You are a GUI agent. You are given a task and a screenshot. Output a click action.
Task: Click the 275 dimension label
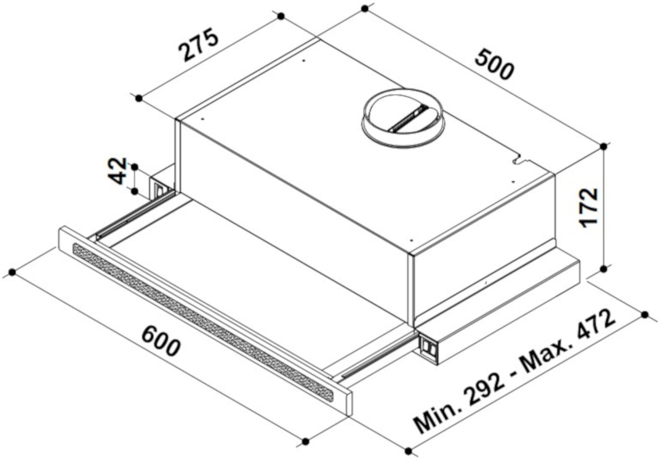[x=199, y=45]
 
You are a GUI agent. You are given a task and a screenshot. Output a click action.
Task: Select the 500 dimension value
[x=494, y=64]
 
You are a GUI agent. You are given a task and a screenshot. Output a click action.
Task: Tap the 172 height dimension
[x=589, y=208]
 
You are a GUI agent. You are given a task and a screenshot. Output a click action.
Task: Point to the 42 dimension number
[x=118, y=170]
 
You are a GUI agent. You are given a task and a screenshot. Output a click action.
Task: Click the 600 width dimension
[x=160, y=340]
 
